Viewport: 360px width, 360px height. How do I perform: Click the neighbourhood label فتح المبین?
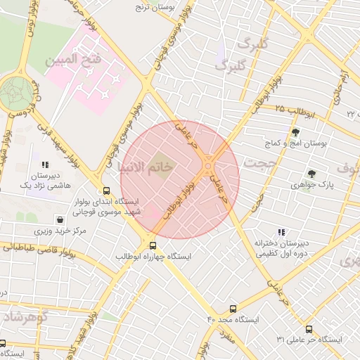pos(73,60)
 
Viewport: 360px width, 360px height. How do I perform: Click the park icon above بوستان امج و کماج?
pos(295,132)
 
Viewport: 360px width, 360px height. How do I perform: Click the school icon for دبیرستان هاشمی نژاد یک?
pos(46,165)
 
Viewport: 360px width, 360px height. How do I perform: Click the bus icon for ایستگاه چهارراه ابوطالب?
pos(153,245)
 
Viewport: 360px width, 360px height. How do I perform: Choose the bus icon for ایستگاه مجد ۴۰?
pos(233,308)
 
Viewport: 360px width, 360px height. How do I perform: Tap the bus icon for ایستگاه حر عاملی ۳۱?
pos(309,328)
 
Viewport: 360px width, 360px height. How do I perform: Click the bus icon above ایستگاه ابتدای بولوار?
pos(106,191)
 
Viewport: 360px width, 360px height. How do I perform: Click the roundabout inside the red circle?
pos(209,167)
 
